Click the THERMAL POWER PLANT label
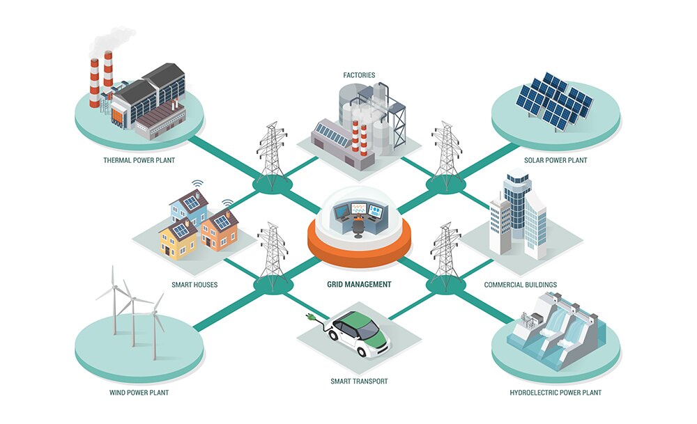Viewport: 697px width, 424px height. point(139,160)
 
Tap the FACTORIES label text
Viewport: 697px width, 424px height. point(359,75)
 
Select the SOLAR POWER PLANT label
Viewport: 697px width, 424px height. point(556,160)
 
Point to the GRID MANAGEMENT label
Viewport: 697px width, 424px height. point(359,284)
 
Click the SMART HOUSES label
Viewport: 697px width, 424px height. point(194,285)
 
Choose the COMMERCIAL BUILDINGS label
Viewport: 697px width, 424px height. point(521,285)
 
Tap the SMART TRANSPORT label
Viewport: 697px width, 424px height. point(359,381)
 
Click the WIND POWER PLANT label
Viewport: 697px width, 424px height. point(139,393)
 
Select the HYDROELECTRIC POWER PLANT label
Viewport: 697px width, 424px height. point(556,393)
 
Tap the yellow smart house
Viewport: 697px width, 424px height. point(178,240)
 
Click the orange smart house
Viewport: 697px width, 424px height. point(219,230)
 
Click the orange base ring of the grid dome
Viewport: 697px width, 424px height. point(359,249)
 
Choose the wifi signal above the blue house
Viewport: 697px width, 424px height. point(197,183)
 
